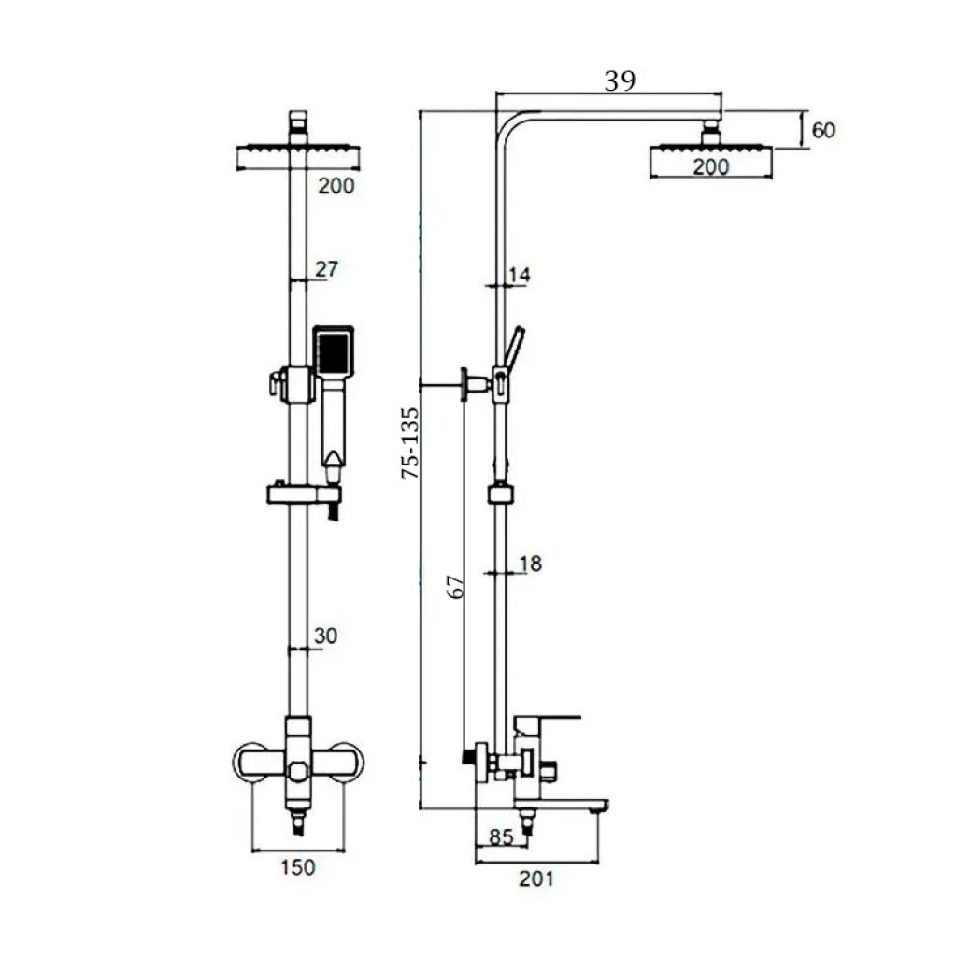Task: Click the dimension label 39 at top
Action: point(620,80)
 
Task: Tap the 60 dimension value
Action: point(823,130)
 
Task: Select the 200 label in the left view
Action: point(336,186)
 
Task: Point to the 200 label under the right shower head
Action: point(711,166)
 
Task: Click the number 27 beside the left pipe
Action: point(326,268)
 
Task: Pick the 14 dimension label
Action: point(520,275)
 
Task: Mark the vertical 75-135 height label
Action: point(411,443)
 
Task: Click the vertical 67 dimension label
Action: point(456,587)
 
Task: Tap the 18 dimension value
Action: point(531,564)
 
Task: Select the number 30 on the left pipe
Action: point(325,636)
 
